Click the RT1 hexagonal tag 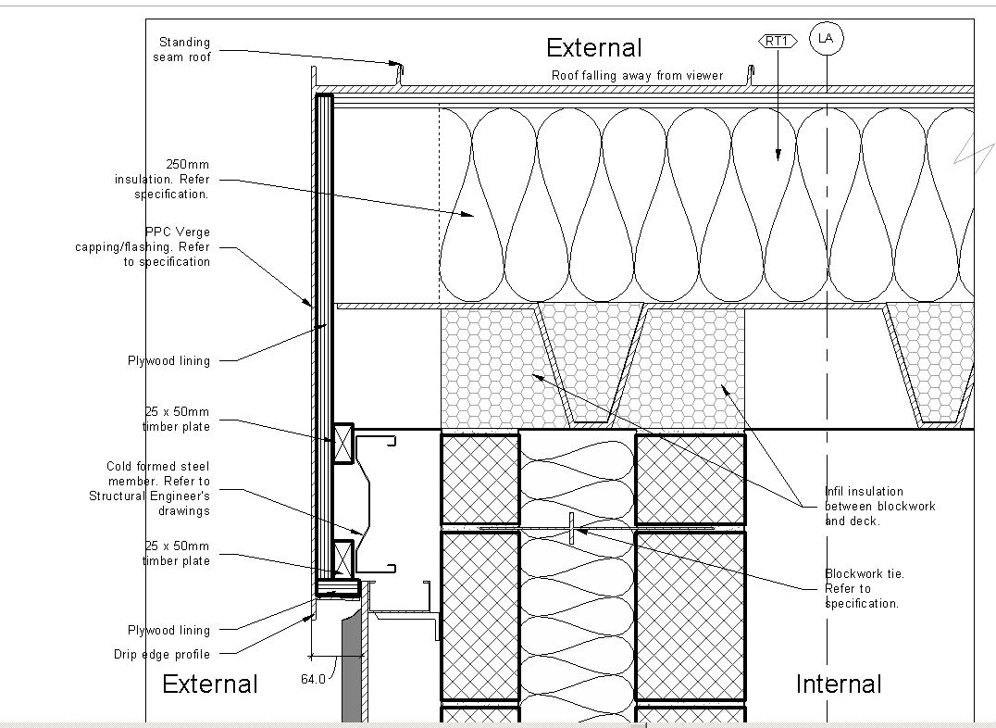pyautogui.click(x=778, y=41)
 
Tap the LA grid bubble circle pyautogui.click(x=826, y=38)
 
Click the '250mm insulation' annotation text pyautogui.click(x=162, y=179)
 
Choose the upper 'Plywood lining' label pyautogui.click(x=168, y=360)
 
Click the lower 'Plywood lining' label pyautogui.click(x=168, y=630)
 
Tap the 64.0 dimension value pyautogui.click(x=313, y=679)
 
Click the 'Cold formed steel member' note pyautogui.click(x=150, y=488)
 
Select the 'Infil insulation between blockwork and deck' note pyautogui.click(x=879, y=506)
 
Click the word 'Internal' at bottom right pyautogui.click(x=839, y=684)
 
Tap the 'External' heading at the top pyautogui.click(x=593, y=48)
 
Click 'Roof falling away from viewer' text pyautogui.click(x=637, y=75)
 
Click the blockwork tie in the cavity pyautogui.click(x=572, y=529)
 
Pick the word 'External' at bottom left pyautogui.click(x=210, y=684)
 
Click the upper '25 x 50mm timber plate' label pyautogui.click(x=176, y=419)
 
